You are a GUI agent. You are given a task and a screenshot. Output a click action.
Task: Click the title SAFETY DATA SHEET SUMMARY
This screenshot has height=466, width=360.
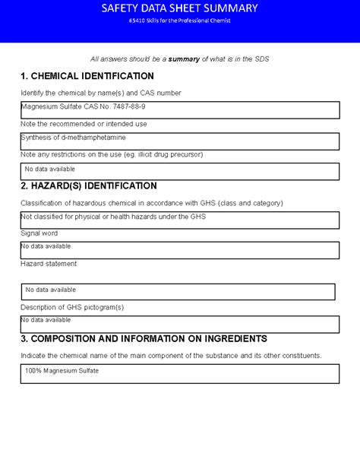(x=179, y=8)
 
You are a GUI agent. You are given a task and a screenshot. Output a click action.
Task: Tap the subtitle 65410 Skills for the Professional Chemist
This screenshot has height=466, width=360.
(x=179, y=21)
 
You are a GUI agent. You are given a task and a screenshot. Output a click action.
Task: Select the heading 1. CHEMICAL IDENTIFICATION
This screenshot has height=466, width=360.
(x=87, y=76)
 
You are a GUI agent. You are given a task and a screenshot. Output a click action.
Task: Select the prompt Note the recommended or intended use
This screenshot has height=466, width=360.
(x=84, y=124)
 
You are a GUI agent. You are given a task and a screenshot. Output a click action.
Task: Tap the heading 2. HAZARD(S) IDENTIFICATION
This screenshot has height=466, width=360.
(x=89, y=185)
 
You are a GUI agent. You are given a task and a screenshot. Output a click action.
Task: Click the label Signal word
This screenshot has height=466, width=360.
(x=39, y=233)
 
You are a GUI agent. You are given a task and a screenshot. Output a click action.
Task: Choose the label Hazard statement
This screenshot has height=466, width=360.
(x=49, y=264)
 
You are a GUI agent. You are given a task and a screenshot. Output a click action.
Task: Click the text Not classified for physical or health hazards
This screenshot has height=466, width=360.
(x=112, y=217)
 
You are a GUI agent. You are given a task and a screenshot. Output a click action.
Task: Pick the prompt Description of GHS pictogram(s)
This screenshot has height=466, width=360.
(x=72, y=307)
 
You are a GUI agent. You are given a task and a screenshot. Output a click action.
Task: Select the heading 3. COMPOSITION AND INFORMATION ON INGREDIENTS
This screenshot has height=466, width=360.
(x=144, y=338)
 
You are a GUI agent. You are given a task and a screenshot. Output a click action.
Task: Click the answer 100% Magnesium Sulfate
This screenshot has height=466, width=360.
(x=62, y=371)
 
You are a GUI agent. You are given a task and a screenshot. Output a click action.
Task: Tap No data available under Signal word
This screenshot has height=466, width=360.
(x=46, y=246)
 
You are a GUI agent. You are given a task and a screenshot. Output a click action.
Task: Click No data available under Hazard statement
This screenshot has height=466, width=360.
(x=51, y=290)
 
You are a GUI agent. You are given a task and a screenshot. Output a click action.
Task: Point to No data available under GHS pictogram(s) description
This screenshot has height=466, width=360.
(x=46, y=320)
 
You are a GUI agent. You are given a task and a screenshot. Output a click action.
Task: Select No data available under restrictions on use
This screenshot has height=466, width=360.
(x=50, y=169)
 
